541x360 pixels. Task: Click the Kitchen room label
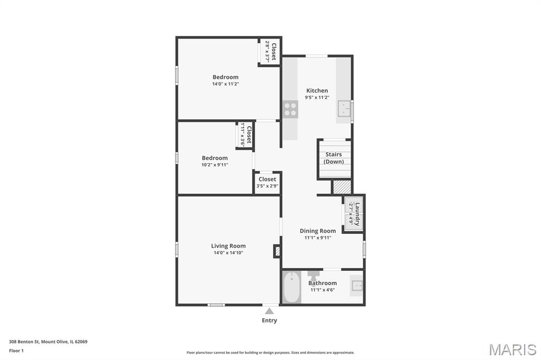pos(317,91)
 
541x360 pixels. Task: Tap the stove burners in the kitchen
pos(291,109)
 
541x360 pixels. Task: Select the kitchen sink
pos(344,109)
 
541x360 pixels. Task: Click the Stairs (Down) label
pos(334,158)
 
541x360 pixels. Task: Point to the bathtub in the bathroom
pos(292,287)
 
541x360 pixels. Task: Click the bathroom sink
pos(357,286)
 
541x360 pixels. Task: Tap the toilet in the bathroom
pos(314,276)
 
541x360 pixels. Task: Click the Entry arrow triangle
pos(269,311)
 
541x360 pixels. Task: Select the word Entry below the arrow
pos(269,320)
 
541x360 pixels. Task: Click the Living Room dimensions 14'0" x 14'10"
pos(228,253)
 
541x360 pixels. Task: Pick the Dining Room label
pos(318,231)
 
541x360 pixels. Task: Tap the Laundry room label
pos(358,214)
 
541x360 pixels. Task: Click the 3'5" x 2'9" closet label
pos(267,186)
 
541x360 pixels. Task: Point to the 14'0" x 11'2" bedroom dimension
pos(226,84)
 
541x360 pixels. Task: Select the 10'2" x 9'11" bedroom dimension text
pos(215,165)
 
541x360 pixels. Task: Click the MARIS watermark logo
pos(512,349)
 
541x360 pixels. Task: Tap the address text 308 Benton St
pos(24,342)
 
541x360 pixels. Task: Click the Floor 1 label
pos(16,350)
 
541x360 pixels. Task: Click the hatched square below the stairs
pos(342,187)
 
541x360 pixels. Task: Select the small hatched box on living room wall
pos(277,251)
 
